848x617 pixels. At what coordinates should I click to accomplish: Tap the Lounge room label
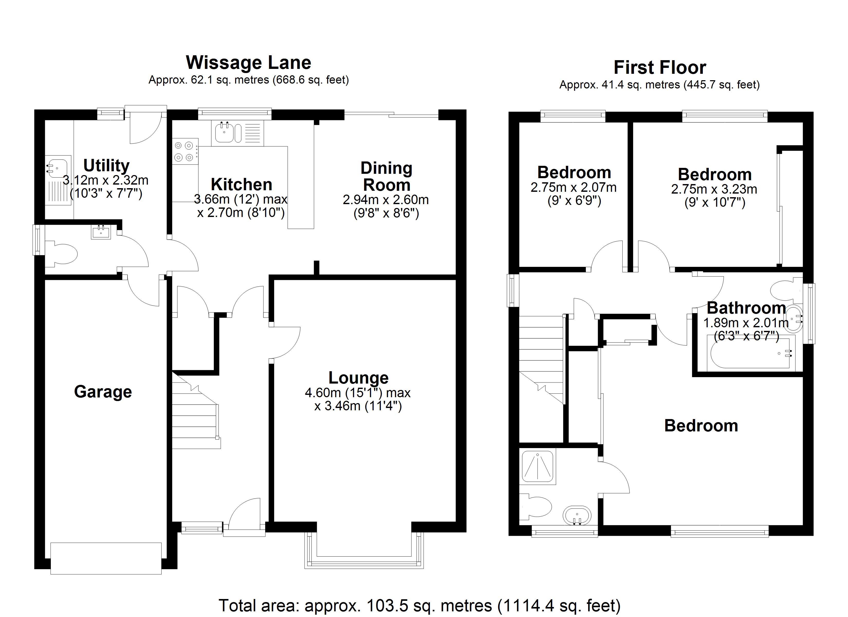click(358, 378)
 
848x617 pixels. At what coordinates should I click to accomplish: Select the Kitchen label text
click(242, 185)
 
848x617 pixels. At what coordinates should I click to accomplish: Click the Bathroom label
click(746, 308)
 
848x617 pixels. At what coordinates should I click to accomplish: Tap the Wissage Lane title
click(249, 62)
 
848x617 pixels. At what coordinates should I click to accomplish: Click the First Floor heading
click(660, 68)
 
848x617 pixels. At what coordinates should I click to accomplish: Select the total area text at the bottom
click(420, 605)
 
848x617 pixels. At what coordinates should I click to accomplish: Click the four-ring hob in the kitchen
click(186, 151)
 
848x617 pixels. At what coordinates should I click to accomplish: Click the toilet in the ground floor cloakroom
click(62, 255)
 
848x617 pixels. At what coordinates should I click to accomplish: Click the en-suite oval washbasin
click(577, 516)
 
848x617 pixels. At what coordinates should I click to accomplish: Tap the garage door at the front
click(106, 558)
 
